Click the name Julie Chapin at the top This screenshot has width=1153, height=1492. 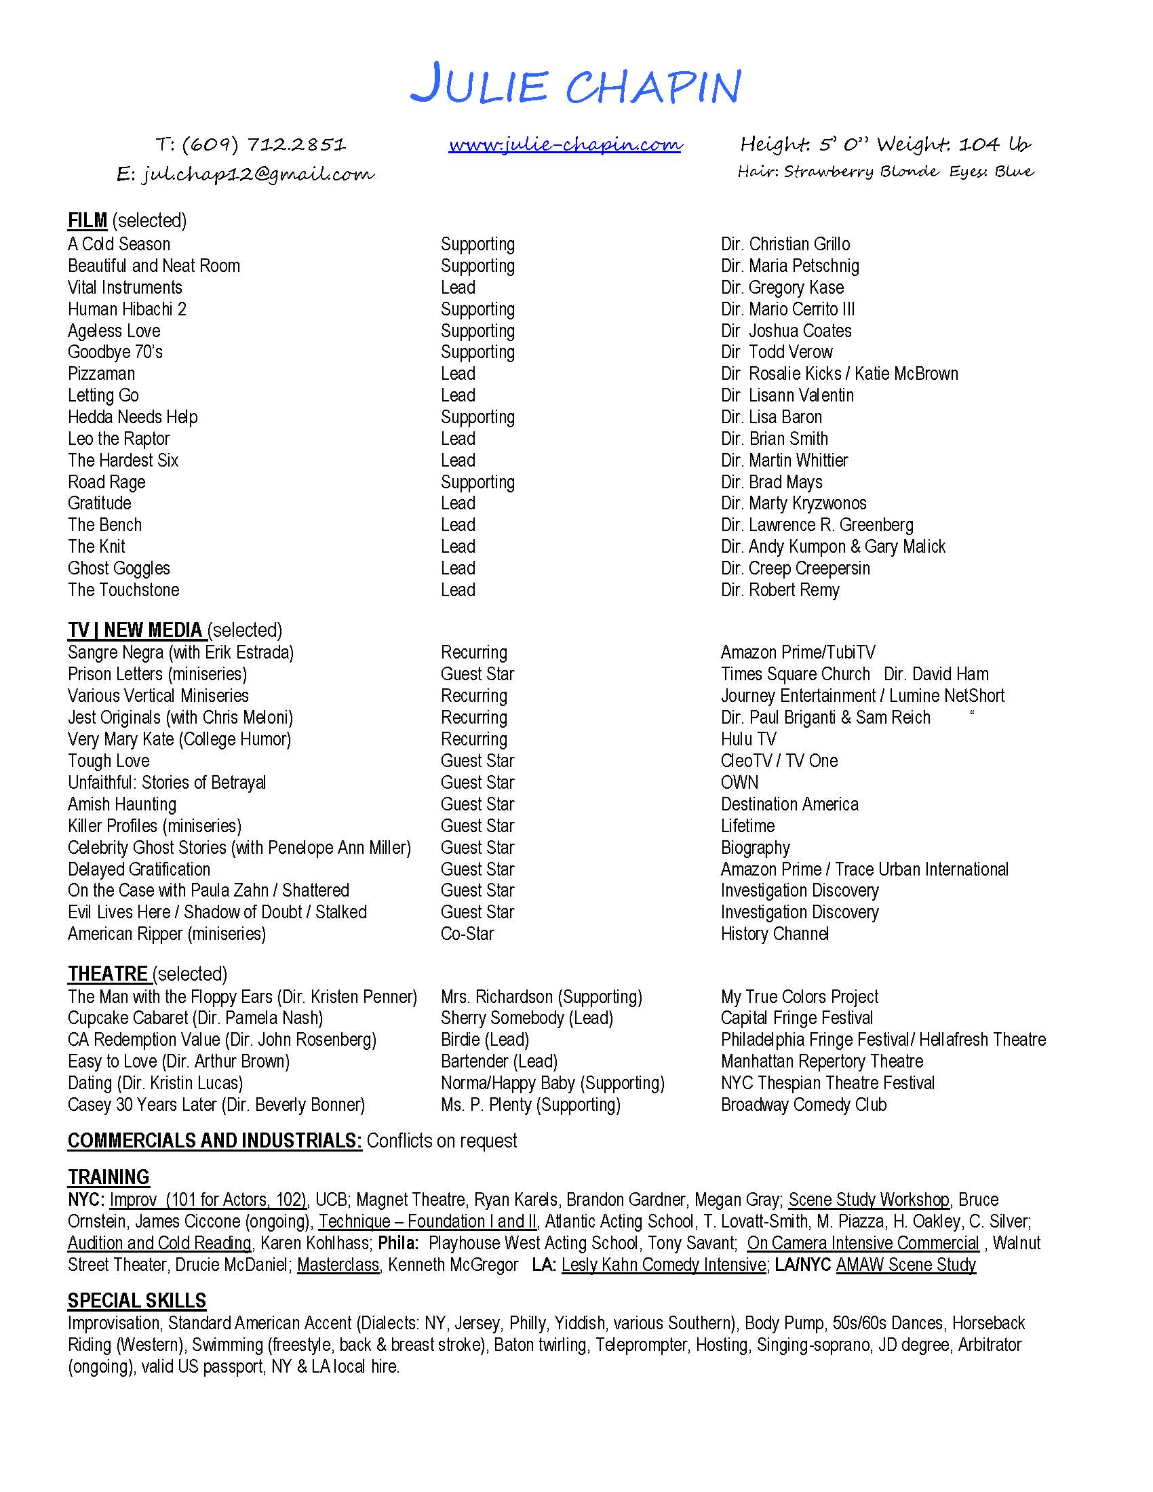coord(575,86)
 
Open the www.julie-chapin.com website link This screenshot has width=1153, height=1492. coord(565,145)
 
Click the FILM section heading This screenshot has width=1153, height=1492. coord(87,220)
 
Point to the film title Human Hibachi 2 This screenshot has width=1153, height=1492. coord(127,309)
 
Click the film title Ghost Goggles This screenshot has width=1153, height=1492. coord(119,568)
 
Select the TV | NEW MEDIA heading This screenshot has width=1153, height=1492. coord(136,630)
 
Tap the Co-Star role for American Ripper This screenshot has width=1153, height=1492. coord(467,934)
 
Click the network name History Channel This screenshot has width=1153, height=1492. coord(775,934)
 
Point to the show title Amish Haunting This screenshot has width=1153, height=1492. coord(121,804)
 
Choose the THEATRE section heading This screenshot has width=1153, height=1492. coord(108,973)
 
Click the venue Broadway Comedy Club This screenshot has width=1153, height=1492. coord(803,1105)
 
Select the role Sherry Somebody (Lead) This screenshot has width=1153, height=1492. coord(526,1018)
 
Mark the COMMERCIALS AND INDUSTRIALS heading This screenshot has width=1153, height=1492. coord(214,1141)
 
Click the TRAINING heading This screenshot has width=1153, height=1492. coord(109,1177)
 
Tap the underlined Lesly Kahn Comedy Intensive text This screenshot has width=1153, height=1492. coord(663,1265)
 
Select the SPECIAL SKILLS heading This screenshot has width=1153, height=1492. coord(136,1301)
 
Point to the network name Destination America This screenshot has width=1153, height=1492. coord(789,804)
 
